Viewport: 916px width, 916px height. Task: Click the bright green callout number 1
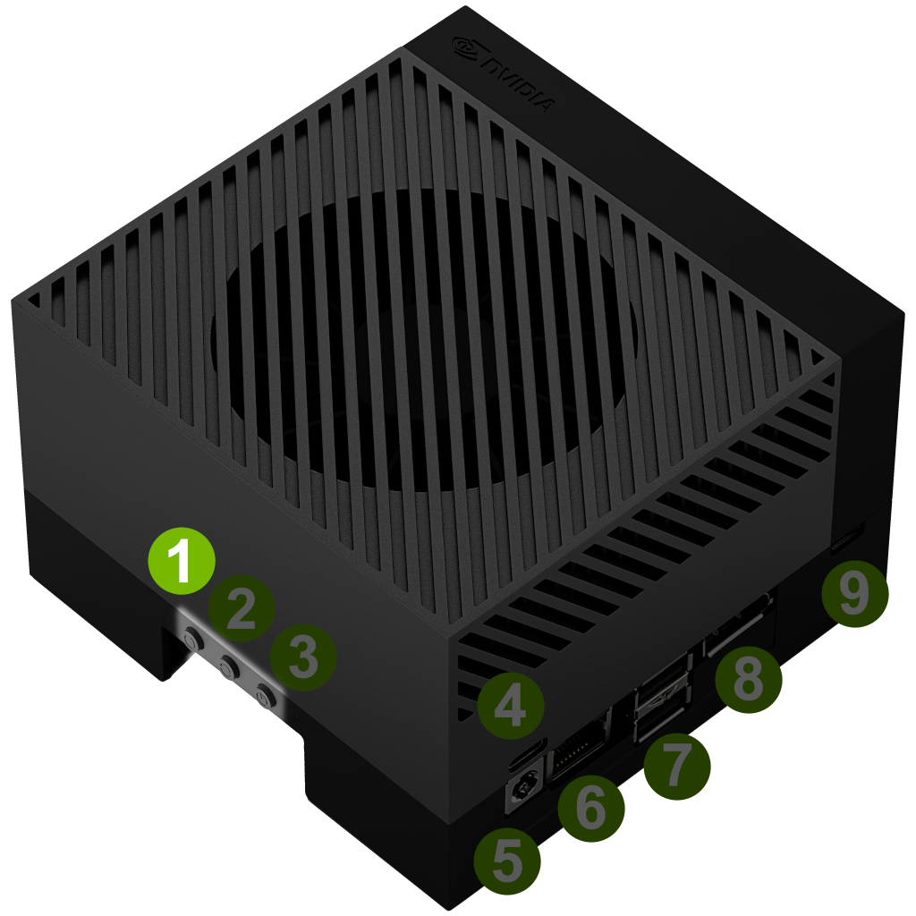tap(182, 561)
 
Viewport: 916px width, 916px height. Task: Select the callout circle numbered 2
tap(242, 608)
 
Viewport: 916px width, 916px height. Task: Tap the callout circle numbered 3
tap(302, 657)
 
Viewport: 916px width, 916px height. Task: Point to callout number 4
tap(511, 705)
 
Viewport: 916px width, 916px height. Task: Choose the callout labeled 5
tap(507, 861)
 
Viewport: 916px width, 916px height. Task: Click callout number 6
tap(591, 808)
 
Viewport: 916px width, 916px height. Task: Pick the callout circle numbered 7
tap(677, 767)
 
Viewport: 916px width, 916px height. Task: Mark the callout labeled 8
tap(749, 680)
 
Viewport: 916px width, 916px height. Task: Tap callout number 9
tap(854, 593)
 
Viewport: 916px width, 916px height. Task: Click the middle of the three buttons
tap(228, 666)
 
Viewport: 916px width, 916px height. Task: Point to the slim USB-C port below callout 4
tap(528, 754)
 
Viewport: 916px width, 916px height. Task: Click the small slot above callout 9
tap(847, 538)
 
